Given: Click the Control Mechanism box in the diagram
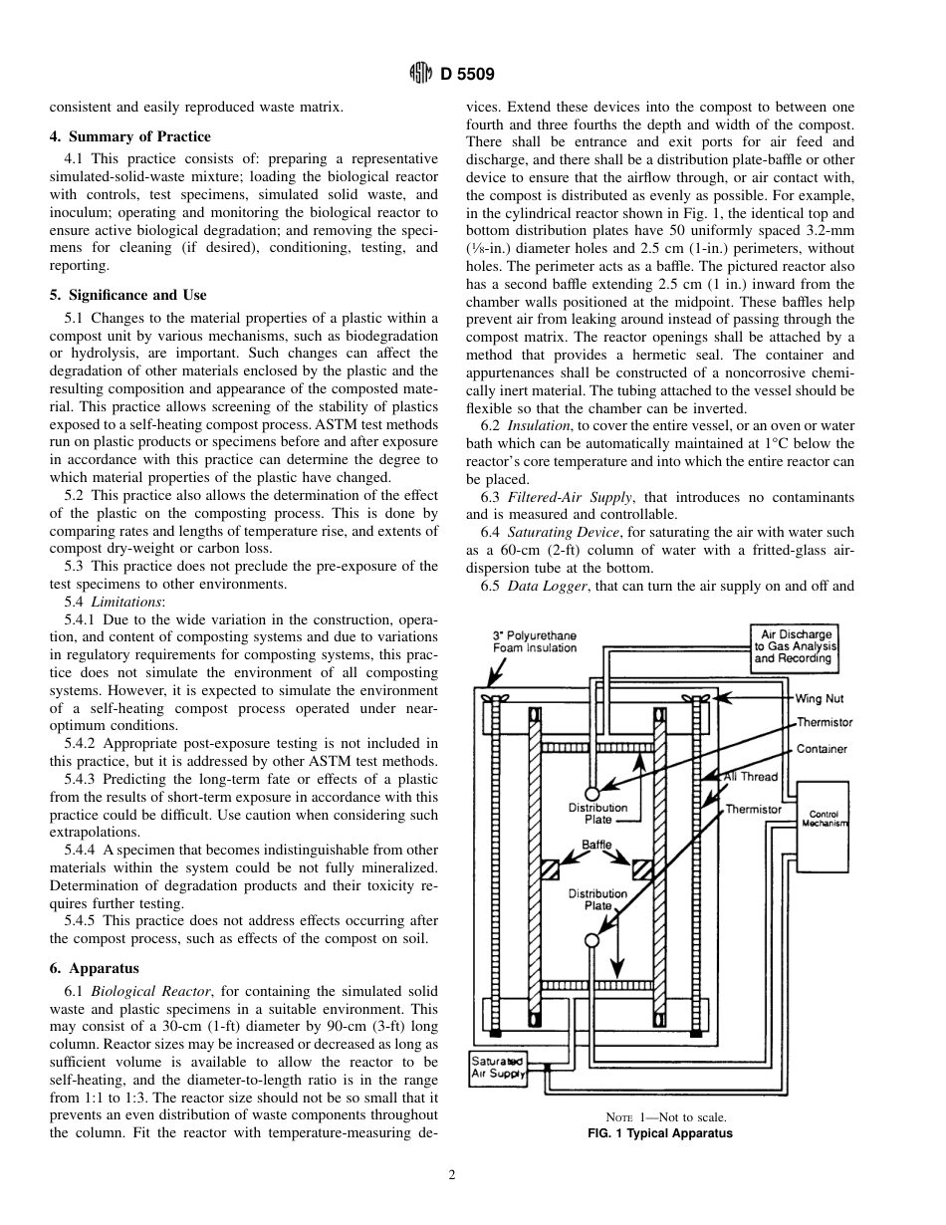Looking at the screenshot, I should click(824, 818).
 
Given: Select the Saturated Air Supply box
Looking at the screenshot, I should click(497, 1067).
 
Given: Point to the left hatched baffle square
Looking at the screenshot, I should click(550, 869).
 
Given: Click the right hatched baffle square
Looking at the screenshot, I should click(642, 869).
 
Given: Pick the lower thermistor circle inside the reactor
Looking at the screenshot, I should click(592, 940).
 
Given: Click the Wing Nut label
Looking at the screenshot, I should click(820, 699).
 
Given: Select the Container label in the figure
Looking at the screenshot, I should click(822, 749).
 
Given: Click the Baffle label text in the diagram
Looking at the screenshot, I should click(596, 845).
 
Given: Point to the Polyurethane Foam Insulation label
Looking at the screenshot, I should click(535, 641).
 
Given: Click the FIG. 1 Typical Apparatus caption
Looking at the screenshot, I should click(659, 1133).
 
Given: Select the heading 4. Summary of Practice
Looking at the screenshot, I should click(129, 136).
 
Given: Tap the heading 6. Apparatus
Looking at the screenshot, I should click(94, 968).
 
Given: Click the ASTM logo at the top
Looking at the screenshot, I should click(420, 73).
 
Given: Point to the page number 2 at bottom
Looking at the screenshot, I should click(451, 1175).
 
